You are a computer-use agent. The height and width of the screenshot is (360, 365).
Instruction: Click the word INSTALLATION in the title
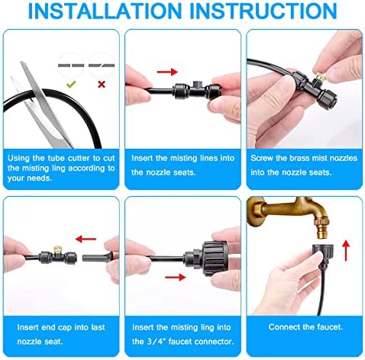(x=105, y=11)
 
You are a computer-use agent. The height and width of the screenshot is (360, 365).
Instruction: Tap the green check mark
(x=71, y=84)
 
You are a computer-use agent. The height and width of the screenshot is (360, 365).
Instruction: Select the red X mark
(x=102, y=85)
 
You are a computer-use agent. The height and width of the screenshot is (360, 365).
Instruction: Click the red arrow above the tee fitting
(x=167, y=72)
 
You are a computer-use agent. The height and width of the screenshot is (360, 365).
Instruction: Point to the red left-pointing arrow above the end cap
(x=86, y=239)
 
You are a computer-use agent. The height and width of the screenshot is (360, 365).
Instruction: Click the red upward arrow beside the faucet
(x=346, y=251)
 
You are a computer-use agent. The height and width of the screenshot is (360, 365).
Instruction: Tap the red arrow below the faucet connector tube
(x=176, y=277)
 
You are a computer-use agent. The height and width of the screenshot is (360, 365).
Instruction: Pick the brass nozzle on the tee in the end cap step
(x=58, y=248)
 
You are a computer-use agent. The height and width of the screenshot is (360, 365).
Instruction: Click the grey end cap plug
(x=97, y=257)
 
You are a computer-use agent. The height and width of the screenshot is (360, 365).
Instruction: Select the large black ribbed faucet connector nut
(x=215, y=259)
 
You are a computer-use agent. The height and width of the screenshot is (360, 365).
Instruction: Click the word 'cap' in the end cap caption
(x=66, y=328)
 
